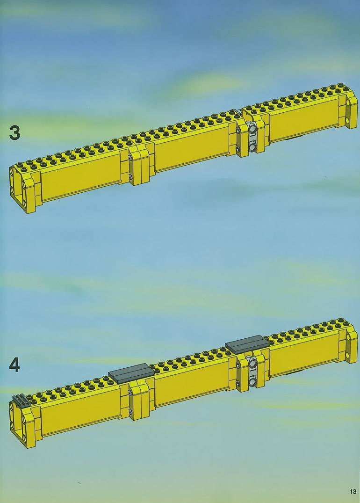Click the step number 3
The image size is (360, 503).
(x=14, y=133)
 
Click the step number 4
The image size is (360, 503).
(x=14, y=365)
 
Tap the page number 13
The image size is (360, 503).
(x=353, y=491)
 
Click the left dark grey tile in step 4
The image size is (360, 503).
(x=131, y=373)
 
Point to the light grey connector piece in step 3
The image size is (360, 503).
(x=253, y=138)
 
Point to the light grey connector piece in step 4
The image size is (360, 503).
(x=253, y=372)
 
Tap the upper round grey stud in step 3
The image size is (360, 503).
(x=253, y=129)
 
